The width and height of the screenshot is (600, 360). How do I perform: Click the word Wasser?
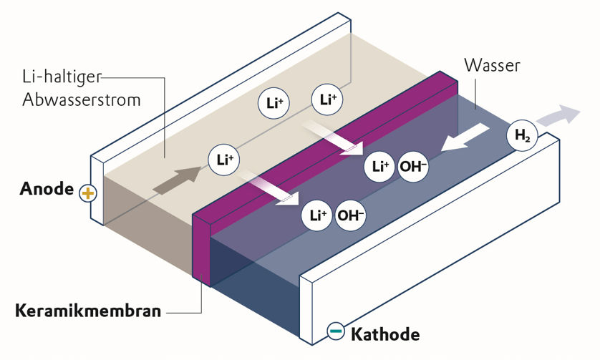pyautogui.click(x=492, y=66)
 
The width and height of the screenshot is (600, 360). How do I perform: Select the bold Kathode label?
pyautogui.click(x=384, y=334)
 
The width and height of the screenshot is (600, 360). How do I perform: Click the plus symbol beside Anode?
pyautogui.click(x=87, y=193)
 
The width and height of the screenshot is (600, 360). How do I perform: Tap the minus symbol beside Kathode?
pyautogui.click(x=334, y=331)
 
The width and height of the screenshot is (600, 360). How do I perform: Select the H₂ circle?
pyautogui.click(x=521, y=135)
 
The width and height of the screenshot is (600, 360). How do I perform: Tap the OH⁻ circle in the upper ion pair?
pyautogui.click(x=414, y=167)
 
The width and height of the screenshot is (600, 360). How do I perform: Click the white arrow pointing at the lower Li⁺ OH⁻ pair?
pyautogui.click(x=272, y=186)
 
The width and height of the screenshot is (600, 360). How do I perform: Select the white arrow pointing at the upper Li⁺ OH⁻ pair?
pyautogui.click(x=334, y=139)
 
